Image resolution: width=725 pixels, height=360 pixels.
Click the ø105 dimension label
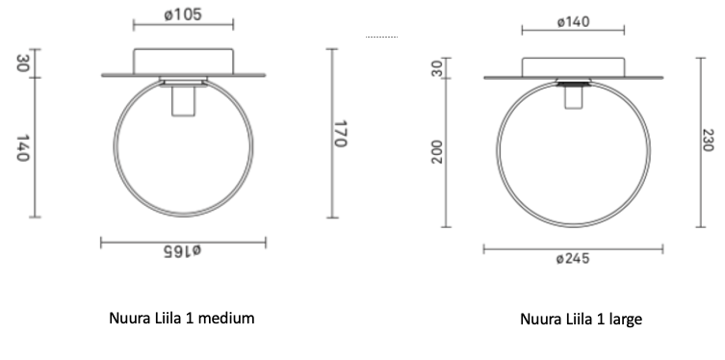(x=183, y=14)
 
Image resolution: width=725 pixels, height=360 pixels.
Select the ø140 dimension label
(x=573, y=22)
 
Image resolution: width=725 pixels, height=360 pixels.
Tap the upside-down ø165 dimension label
(x=183, y=250)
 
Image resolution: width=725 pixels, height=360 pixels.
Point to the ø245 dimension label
(x=573, y=258)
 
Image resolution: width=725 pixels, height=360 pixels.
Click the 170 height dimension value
(x=340, y=134)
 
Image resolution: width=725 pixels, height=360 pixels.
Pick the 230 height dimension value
(x=709, y=140)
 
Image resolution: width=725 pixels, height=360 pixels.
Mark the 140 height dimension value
(x=23, y=148)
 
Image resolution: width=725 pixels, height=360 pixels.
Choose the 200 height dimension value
(x=437, y=152)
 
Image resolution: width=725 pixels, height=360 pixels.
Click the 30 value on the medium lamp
(x=23, y=64)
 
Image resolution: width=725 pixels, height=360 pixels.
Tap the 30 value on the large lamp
(x=437, y=69)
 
